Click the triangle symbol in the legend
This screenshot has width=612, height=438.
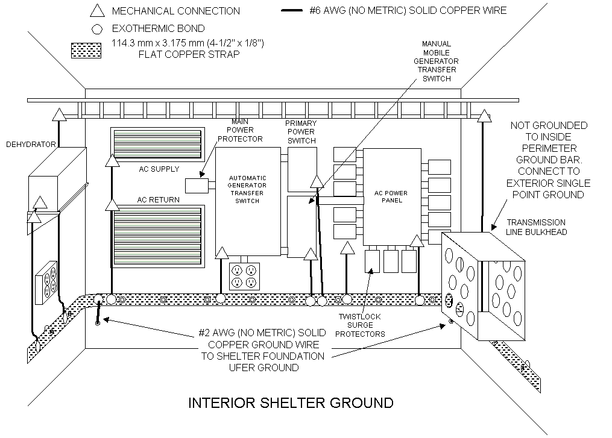[97, 11]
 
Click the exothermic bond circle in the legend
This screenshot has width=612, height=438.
[97, 30]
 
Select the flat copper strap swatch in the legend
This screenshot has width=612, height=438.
[86, 51]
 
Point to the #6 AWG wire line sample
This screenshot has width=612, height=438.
[292, 10]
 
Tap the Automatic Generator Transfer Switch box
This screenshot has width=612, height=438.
[248, 201]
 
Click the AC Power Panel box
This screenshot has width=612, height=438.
[392, 197]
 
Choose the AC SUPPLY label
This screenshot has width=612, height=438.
[159, 169]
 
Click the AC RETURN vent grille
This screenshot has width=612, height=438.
[157, 236]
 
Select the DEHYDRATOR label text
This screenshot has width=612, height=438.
[31, 145]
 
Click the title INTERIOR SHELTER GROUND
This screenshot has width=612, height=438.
[291, 403]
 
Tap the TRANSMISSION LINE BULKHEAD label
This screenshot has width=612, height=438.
[536, 227]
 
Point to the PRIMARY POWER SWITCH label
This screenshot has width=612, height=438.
[301, 132]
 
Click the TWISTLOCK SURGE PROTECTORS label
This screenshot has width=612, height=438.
[360, 325]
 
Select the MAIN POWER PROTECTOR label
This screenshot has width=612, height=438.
[240, 130]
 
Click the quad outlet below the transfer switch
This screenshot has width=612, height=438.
[244, 276]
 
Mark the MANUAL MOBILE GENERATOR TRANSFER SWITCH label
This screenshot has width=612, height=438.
[437, 61]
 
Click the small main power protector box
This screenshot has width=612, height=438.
[197, 186]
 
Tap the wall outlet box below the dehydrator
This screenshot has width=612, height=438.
[46, 283]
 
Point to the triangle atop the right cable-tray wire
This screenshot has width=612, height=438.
[484, 116]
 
